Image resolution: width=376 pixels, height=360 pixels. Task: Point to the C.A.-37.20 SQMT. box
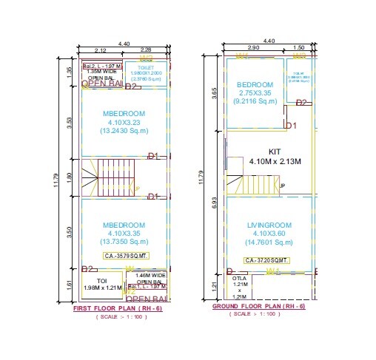tap(265, 260)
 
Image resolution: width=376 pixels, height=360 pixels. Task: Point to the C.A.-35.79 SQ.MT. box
tap(127, 257)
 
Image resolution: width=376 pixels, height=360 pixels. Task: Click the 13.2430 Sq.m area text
tap(124, 131)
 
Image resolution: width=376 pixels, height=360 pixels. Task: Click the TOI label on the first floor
tap(102, 281)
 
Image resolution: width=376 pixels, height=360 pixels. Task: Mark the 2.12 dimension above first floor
tap(101, 50)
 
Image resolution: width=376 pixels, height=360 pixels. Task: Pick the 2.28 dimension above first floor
tap(147, 50)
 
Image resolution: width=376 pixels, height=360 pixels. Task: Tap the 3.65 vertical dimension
tap(215, 94)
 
